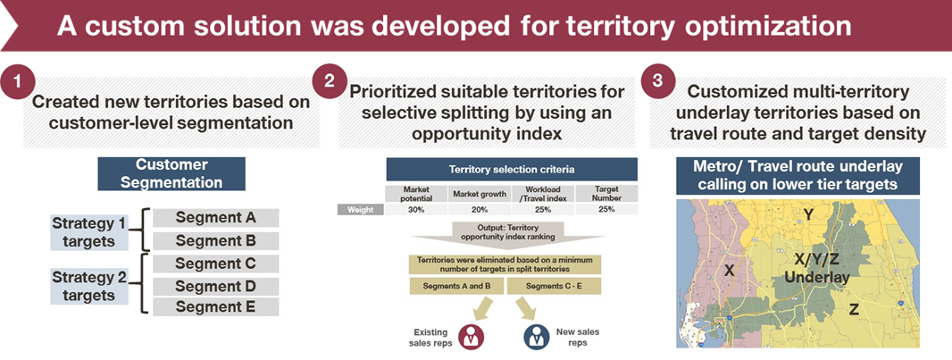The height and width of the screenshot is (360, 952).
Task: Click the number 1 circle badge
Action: pyautogui.click(x=20, y=82)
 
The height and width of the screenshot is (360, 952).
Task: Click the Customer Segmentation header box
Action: pyautogui.click(x=171, y=174)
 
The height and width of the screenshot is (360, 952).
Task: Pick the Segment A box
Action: pyautogui.click(x=215, y=218)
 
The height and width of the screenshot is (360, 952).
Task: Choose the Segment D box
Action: pyautogui.click(x=215, y=287)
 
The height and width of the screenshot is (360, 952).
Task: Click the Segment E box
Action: pyautogui.click(x=215, y=307)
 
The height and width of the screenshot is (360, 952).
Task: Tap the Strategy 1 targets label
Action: pyautogui.click(x=89, y=232)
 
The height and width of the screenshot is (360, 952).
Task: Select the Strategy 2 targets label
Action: pyautogui.click(x=89, y=287)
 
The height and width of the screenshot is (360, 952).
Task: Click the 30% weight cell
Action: pyautogui.click(x=416, y=209)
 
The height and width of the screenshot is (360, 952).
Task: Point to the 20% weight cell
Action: pyautogui.click(x=479, y=209)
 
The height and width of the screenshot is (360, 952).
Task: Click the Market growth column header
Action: pyautogui.click(x=479, y=194)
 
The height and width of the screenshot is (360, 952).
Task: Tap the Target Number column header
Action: pyautogui.click(x=606, y=194)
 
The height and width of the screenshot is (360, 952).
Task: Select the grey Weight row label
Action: pyautogui.click(x=361, y=209)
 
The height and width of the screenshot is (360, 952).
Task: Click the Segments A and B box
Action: pyautogui.click(x=456, y=286)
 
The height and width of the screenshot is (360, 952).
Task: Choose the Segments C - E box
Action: pyautogui.click(x=554, y=286)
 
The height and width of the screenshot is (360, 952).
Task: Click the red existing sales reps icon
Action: pyautogui.click(x=471, y=337)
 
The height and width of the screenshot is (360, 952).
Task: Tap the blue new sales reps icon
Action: pyautogui.click(x=536, y=337)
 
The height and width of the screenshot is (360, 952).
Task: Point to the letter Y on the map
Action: pyautogui.click(x=808, y=213)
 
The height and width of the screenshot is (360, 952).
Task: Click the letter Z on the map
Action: pyautogui.click(x=854, y=310)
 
